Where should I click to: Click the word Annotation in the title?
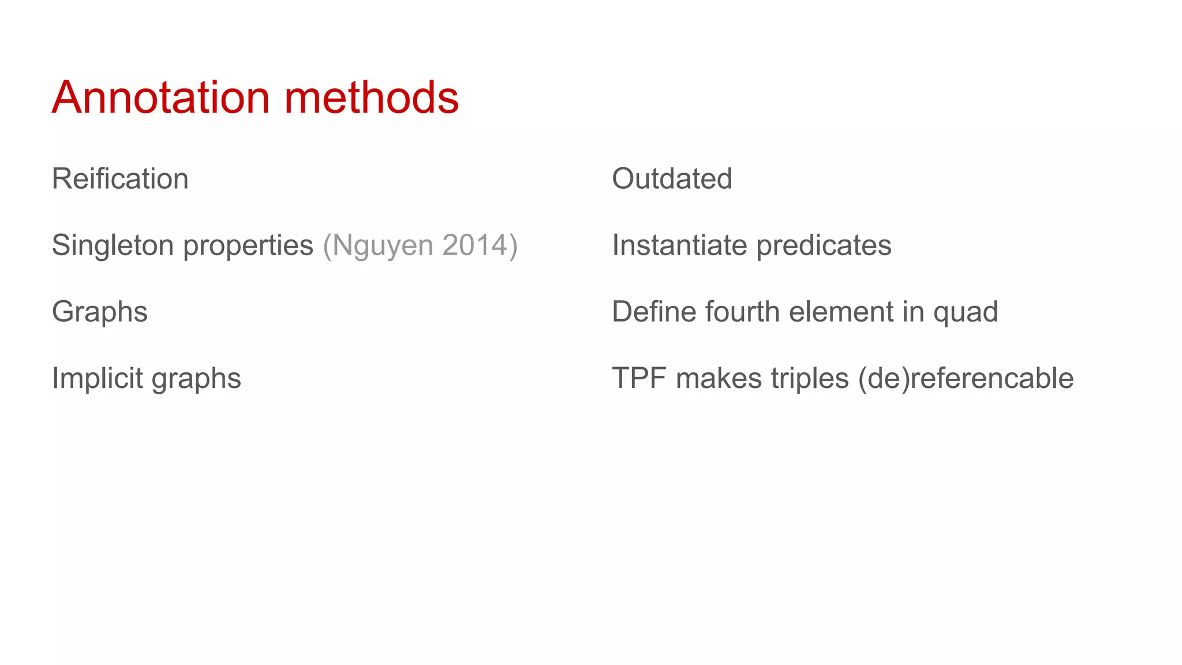click(x=161, y=97)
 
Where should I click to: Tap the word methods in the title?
click(x=371, y=97)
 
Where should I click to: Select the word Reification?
click(x=120, y=178)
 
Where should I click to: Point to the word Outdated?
click(x=672, y=178)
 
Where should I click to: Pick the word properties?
click(x=248, y=246)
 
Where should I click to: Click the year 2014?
click(x=476, y=245)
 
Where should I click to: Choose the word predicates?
click(x=824, y=246)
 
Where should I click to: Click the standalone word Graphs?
click(x=100, y=312)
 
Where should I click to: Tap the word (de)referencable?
click(x=966, y=379)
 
